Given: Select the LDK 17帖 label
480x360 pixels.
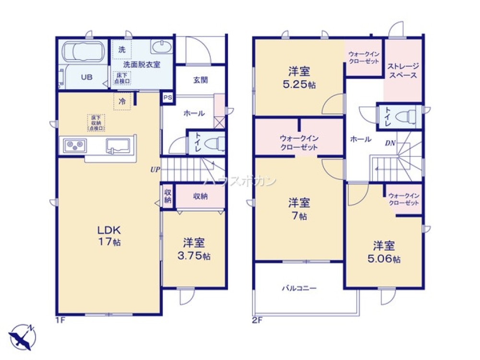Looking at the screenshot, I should [110, 235].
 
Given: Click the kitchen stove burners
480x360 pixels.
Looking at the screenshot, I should [73, 144].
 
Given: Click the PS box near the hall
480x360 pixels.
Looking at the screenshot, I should [167, 97].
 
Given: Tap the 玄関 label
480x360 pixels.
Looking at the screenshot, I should [201, 80].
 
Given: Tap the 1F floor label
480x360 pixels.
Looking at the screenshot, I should [60, 320].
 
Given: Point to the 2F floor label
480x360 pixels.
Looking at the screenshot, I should [257, 320].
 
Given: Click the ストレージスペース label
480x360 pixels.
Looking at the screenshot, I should [403, 71].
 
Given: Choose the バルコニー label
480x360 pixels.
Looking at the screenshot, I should [299, 289].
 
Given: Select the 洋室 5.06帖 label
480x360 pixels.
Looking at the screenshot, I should [384, 252].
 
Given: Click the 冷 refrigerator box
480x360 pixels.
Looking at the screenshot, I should [122, 101].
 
